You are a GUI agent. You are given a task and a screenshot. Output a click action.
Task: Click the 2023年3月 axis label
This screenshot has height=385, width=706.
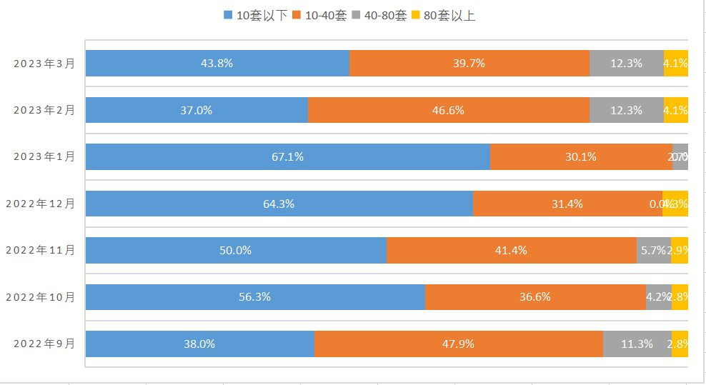click(44, 63)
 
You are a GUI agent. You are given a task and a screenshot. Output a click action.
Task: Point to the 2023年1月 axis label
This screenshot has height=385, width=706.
click(44, 156)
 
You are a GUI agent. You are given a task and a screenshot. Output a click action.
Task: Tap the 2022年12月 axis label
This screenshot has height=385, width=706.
click(41, 204)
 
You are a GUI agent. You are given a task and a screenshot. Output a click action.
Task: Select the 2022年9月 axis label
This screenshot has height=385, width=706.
click(44, 344)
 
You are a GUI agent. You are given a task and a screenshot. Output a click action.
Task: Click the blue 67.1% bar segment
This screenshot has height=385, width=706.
click(287, 156)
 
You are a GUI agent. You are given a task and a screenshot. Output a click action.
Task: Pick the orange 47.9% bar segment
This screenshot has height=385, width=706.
click(458, 344)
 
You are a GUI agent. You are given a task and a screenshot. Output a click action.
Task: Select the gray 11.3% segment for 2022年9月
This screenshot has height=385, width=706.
click(637, 344)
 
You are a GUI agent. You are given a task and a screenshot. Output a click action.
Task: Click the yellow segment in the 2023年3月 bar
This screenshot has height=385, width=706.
click(676, 63)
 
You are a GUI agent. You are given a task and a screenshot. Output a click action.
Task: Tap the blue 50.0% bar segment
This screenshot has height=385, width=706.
click(236, 250)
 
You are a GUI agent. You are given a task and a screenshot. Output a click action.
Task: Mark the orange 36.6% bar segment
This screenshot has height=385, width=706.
click(535, 297)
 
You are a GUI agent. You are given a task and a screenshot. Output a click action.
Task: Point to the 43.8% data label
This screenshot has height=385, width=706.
click(217, 63)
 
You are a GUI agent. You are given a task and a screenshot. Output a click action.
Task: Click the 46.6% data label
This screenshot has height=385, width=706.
click(448, 110)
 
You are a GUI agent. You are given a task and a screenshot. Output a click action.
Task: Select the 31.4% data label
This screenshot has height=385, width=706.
click(567, 204)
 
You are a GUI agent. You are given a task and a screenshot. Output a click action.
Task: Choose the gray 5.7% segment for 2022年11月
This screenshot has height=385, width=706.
click(653, 250)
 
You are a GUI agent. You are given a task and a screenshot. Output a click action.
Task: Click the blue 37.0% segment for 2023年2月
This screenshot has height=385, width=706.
click(197, 110)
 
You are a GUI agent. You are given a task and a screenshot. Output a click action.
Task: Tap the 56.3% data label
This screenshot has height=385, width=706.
click(254, 297)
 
